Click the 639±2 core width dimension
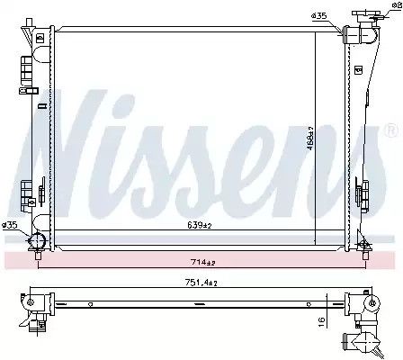pyautogui.click(x=200, y=225)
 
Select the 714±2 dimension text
pyautogui.click(x=203, y=263)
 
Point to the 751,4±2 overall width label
pyautogui.click(x=201, y=283)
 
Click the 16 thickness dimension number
pyautogui.click(x=321, y=322)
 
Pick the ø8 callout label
pyautogui.click(x=397, y=5)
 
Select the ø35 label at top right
pyautogui.click(x=318, y=16)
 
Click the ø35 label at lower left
pyautogui.click(x=9, y=225)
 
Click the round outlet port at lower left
pyautogui.click(x=36, y=240)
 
